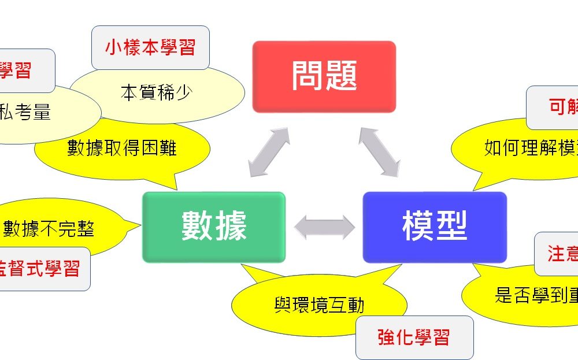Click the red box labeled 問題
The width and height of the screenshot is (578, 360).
click(324, 76)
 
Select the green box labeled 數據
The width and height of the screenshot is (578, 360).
click(214, 227)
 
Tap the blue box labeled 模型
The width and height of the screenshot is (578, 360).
click(435, 227)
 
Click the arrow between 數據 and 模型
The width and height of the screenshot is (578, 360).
click(324, 227)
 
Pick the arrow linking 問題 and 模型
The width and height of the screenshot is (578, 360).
click(379, 152)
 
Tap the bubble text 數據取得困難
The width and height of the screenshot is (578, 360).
click(122, 148)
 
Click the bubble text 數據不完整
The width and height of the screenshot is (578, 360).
click(49, 229)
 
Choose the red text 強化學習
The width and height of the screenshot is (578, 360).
click(414, 337)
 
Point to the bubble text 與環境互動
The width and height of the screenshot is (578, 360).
click(319, 305)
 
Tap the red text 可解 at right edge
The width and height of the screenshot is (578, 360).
click(562, 106)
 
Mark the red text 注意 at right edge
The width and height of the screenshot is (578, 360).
click(562, 254)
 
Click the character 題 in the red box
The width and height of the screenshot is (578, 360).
click(341, 76)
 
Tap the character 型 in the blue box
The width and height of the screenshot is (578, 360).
click(451, 227)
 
